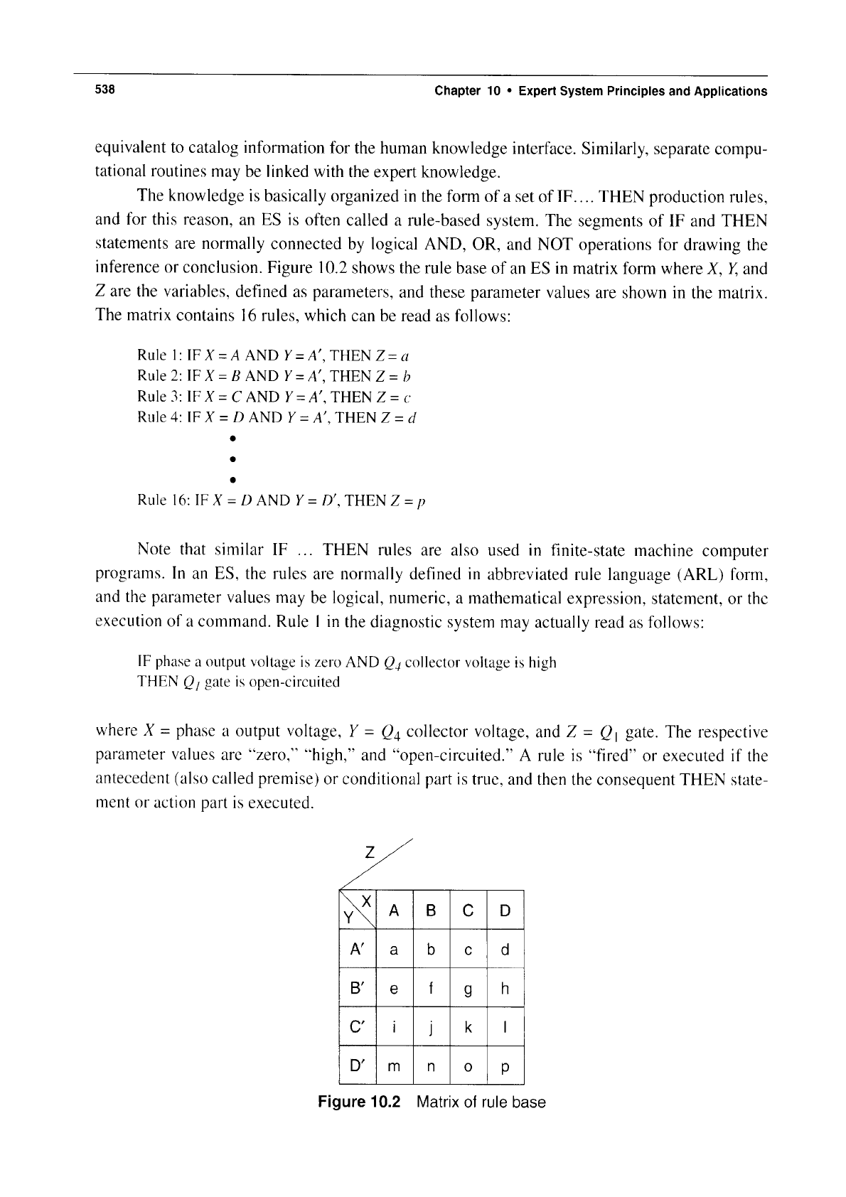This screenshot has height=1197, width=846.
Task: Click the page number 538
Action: click(x=105, y=90)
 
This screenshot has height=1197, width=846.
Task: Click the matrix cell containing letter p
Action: click(x=505, y=1066)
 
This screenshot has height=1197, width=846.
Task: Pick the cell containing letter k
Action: click(x=468, y=1027)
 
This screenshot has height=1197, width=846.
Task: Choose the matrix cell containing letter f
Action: click(x=431, y=989)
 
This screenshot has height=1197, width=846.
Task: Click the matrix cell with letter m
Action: click(x=393, y=1066)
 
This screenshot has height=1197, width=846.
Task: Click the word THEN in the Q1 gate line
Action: click(x=159, y=682)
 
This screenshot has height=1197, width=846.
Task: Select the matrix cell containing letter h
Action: click(x=505, y=989)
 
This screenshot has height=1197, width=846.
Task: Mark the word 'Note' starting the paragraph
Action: click(x=154, y=550)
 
